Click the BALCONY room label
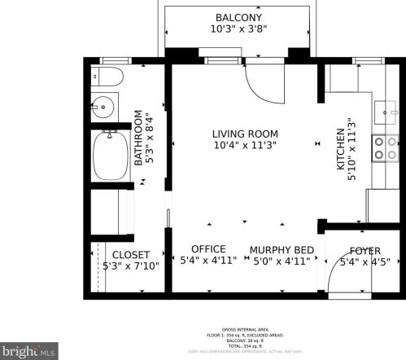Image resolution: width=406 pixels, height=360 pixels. [238, 18]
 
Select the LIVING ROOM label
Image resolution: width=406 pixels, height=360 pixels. [245, 134]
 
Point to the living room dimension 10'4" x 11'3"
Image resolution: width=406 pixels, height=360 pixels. [245, 147]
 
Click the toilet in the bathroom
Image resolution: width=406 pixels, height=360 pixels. [107, 78]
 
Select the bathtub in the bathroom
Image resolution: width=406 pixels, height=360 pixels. [109, 156]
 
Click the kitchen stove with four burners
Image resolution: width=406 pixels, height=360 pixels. [381, 147]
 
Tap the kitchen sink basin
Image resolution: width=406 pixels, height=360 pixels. [383, 111]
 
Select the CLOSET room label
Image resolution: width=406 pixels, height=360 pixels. [131, 253]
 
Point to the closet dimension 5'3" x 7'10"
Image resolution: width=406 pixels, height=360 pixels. [131, 266]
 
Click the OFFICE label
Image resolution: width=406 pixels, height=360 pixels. [207, 248]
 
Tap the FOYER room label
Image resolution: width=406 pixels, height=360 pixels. [365, 251]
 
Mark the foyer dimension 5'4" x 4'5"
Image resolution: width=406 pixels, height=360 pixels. [365, 262]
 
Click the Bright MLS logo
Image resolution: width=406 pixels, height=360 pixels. [28, 350]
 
